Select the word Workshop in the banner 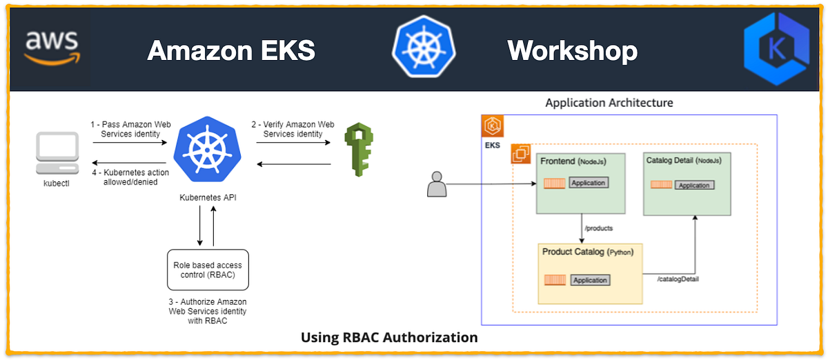pyautogui.click(x=572, y=50)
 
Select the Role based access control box pyautogui.click(x=208, y=270)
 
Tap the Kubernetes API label pyautogui.click(x=208, y=198)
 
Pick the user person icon pyautogui.click(x=436, y=185)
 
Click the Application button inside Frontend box pyautogui.click(x=589, y=183)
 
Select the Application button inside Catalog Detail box pyautogui.click(x=693, y=185)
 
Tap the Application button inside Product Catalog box pyautogui.click(x=590, y=280)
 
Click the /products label pyautogui.click(x=598, y=228)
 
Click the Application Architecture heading pyautogui.click(x=609, y=103)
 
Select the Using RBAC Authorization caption pyautogui.click(x=389, y=337)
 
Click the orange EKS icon pyautogui.click(x=493, y=126)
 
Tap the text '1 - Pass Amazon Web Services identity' pyautogui.click(x=129, y=129)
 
